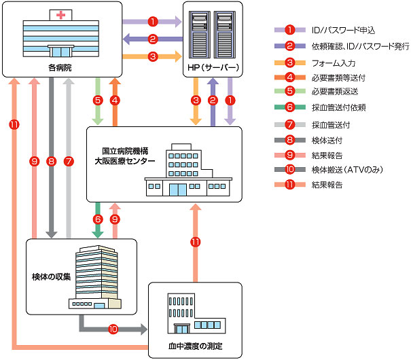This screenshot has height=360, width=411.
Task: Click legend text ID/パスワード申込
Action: click(x=334, y=30)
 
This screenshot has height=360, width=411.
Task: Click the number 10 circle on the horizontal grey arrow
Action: click(x=113, y=329)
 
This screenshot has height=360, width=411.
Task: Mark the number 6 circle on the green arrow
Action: click(x=98, y=219)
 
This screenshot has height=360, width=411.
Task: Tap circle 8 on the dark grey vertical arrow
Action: click(x=52, y=162)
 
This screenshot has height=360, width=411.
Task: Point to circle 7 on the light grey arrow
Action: click(x=68, y=162)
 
